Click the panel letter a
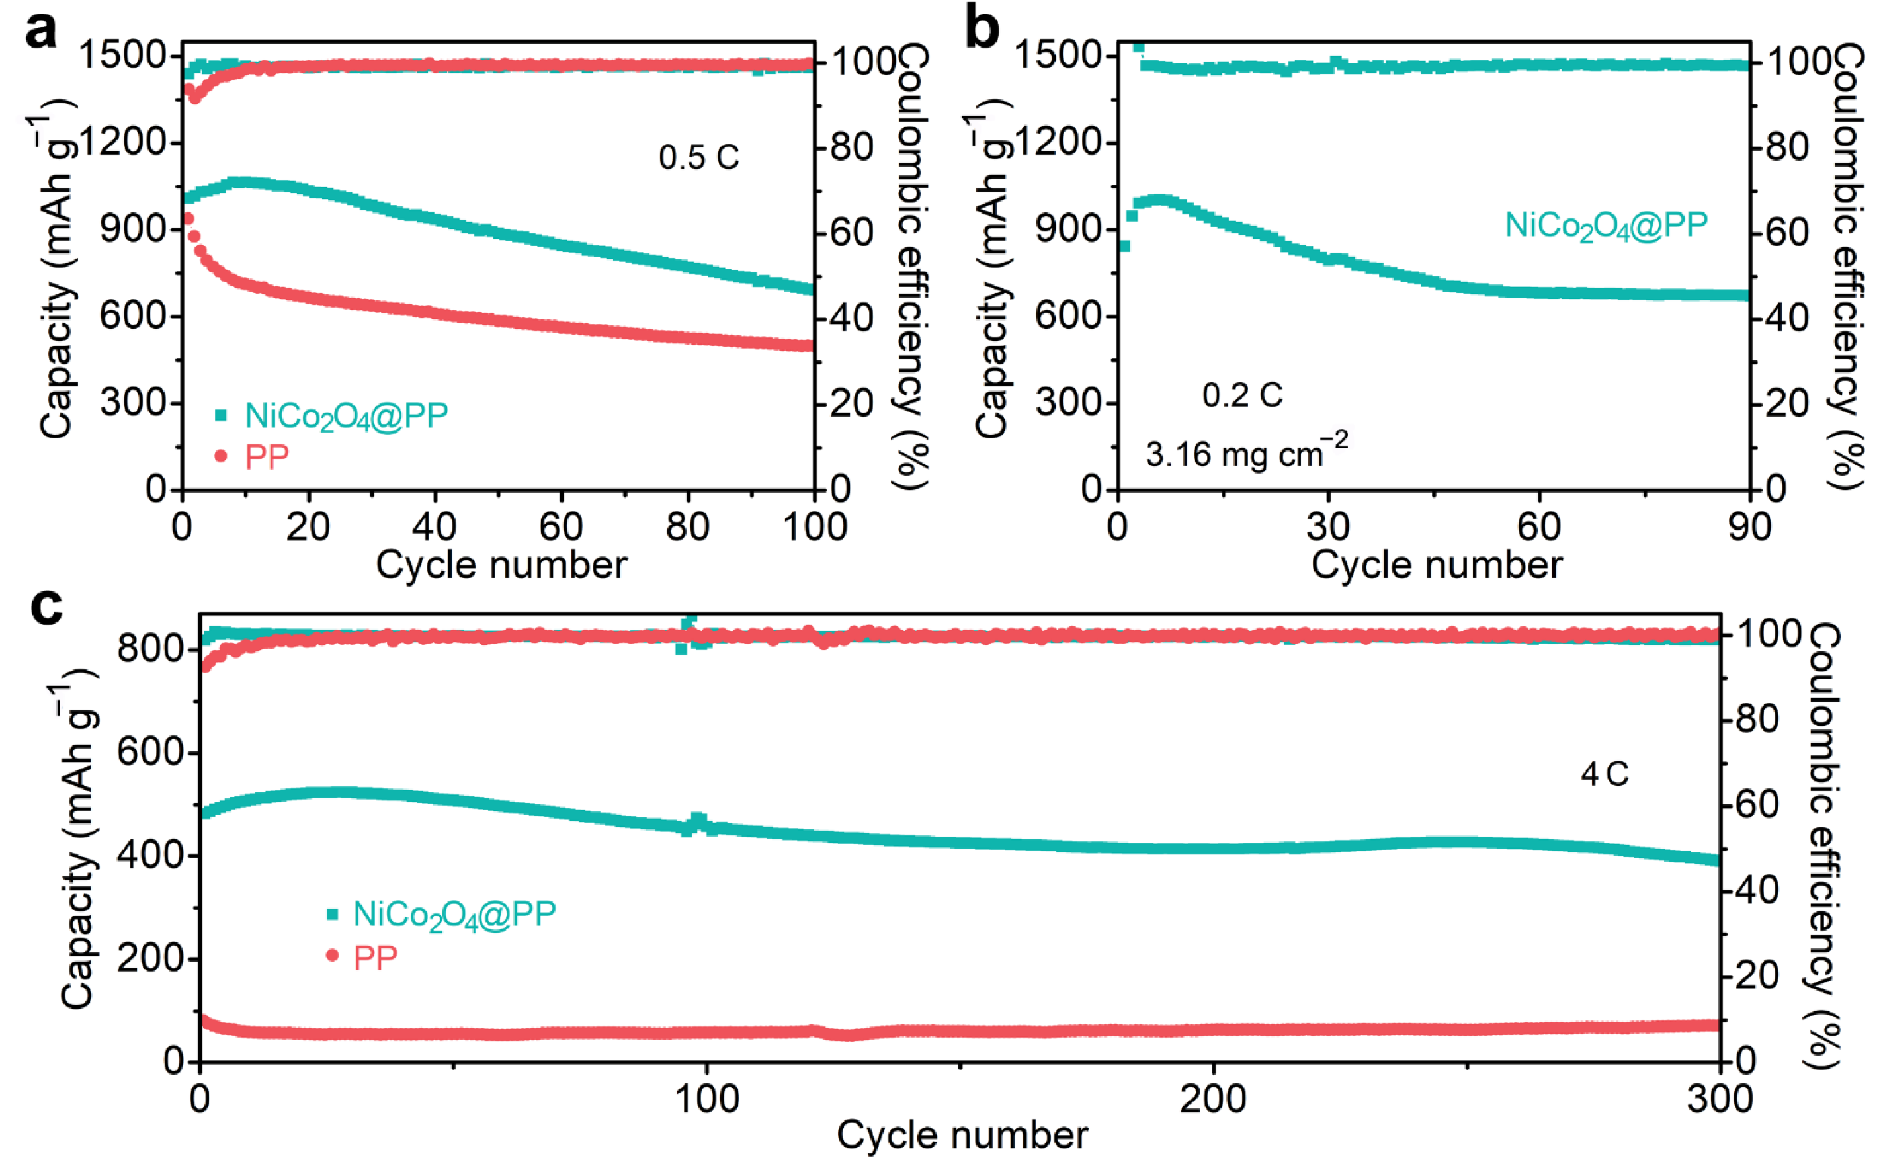point(40,31)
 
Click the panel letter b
point(982,29)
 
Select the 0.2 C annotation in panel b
point(1242,395)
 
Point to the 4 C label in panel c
point(1605,774)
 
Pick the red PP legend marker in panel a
point(221,456)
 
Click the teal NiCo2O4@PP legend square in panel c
point(333,915)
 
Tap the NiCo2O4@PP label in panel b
point(1605,226)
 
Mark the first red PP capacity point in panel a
point(187,220)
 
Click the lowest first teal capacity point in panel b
point(1124,246)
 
